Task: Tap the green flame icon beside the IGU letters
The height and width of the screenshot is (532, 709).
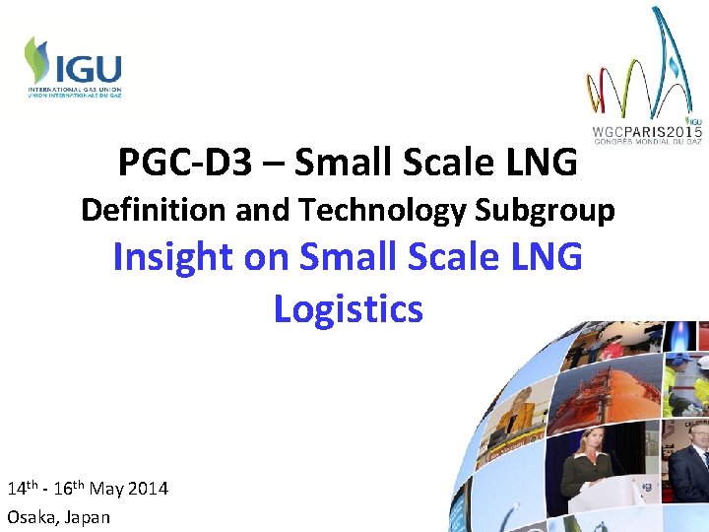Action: [x=38, y=60]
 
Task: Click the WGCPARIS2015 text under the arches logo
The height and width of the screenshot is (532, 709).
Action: [x=647, y=131]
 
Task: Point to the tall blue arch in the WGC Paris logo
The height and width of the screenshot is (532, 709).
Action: [x=674, y=59]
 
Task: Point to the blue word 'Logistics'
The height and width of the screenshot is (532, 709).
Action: [x=348, y=308]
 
